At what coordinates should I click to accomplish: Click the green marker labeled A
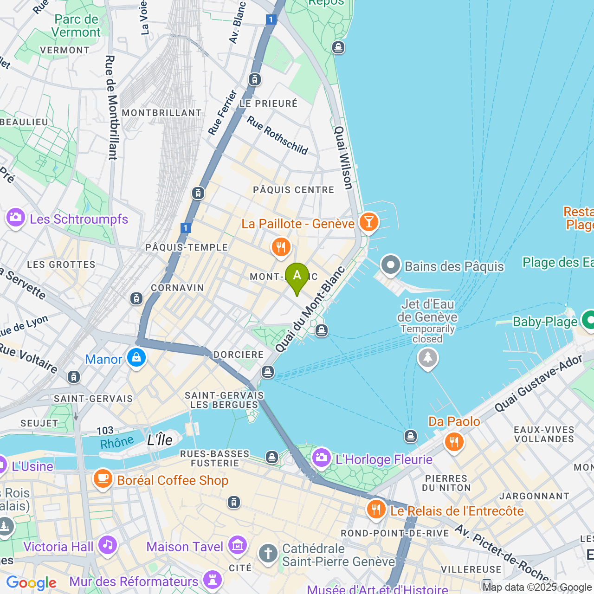[297, 277]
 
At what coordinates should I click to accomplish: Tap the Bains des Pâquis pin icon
[390, 265]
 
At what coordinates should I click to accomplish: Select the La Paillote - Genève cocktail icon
[369, 223]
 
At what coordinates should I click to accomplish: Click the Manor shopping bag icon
[136, 358]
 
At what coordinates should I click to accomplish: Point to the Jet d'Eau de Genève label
[427, 311]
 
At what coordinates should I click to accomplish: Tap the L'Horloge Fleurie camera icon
[321, 458]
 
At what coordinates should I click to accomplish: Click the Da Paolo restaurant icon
[454, 442]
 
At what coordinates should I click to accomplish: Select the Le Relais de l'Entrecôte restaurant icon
[376, 510]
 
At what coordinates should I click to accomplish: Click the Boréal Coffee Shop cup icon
[103, 479]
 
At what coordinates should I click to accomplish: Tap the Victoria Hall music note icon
[108, 545]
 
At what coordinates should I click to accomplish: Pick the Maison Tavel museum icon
[238, 546]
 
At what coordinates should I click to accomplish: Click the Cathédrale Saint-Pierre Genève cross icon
[268, 554]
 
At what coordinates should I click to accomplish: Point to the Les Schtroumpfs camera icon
[16, 218]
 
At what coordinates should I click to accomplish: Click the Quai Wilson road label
[344, 158]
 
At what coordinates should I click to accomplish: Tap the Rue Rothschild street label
[277, 135]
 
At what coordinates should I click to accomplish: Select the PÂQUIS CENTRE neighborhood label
[293, 190]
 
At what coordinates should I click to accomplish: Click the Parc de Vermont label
[76, 26]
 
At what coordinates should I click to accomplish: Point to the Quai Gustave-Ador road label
[538, 384]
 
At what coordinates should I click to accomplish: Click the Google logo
[31, 583]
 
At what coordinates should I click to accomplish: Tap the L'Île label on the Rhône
[160, 440]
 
